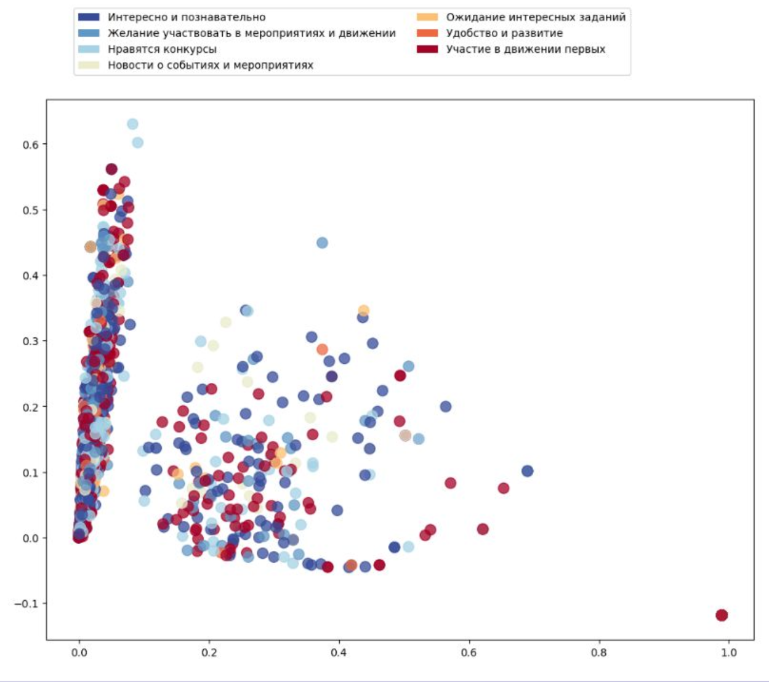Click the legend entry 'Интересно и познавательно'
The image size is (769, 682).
tap(186, 17)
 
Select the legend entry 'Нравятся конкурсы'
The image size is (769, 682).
tap(162, 49)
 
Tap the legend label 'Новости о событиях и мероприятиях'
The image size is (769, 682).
tap(210, 65)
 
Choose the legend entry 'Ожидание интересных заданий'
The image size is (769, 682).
tap(535, 17)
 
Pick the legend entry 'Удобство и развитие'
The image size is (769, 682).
tap(504, 33)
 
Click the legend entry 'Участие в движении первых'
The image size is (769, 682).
tap(525, 49)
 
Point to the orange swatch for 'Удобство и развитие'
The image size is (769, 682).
tap(427, 33)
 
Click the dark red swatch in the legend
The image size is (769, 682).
tap(427, 49)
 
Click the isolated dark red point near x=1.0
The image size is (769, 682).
tap(722, 615)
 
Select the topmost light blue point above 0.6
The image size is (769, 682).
tap(132, 124)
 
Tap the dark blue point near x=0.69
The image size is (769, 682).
tap(527, 471)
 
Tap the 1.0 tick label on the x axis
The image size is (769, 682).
tap(728, 653)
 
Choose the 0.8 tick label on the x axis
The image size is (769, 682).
tap(598, 653)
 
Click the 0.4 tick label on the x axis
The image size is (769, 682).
tap(339, 653)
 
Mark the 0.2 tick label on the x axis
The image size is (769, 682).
tap(209, 653)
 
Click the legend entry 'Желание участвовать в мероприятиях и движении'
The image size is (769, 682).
tap(251, 33)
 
